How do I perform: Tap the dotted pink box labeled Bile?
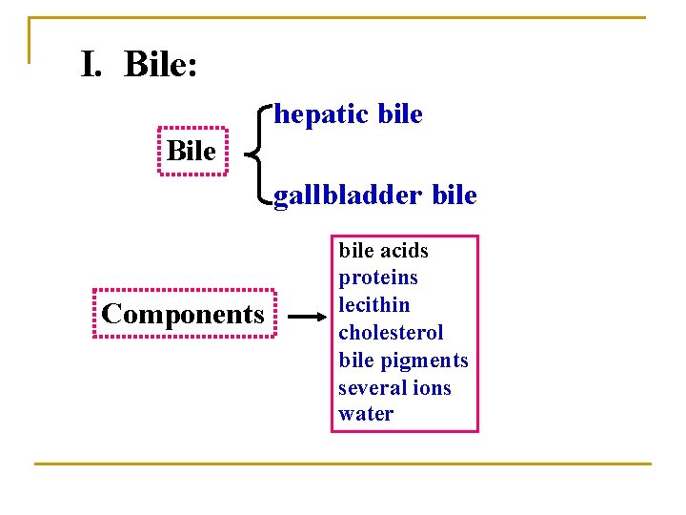(192, 152)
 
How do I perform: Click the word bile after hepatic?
(399, 114)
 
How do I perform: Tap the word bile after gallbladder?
(454, 196)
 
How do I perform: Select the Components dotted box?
(183, 314)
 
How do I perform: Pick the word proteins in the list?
(378, 278)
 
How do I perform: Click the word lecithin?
(374, 305)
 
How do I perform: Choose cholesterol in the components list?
(391, 333)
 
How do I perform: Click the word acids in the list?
(404, 251)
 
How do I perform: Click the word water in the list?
(366, 415)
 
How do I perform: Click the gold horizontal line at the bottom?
(343, 464)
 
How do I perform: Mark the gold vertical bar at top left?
(30, 40)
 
